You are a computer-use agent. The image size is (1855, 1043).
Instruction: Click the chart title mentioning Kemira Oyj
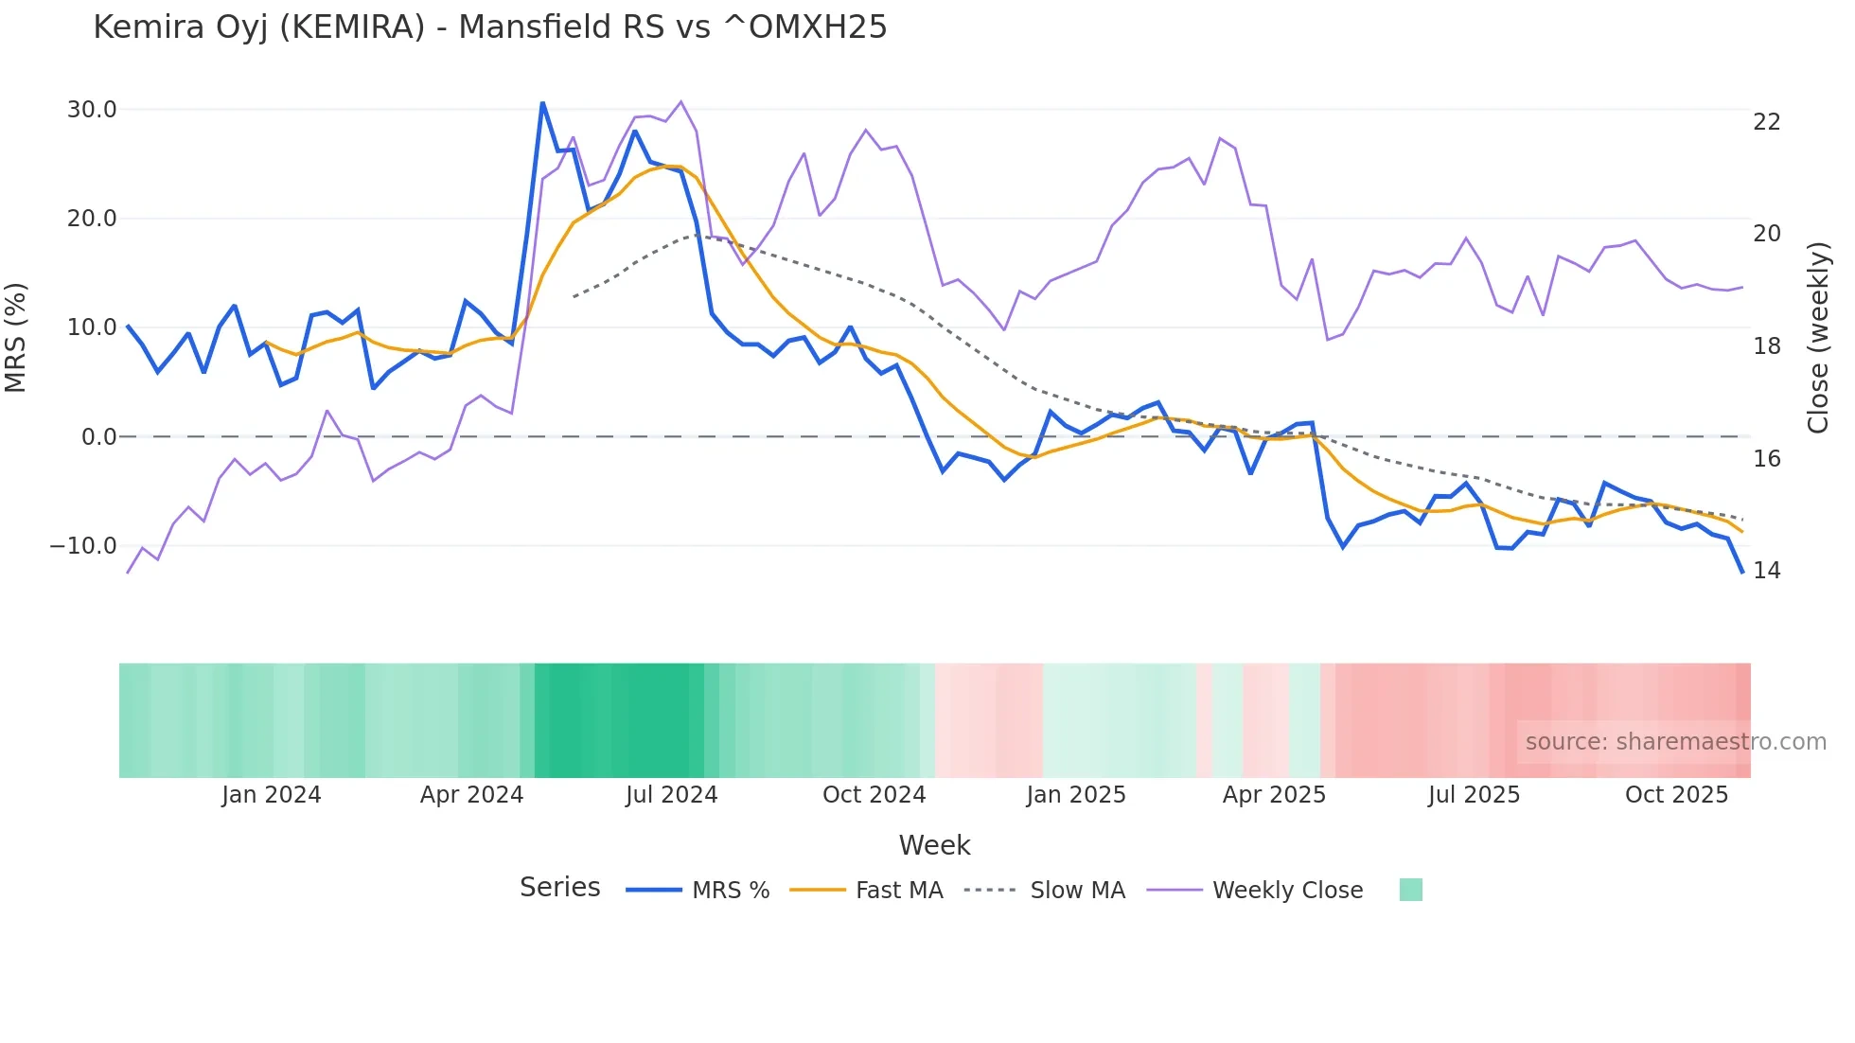[x=489, y=27]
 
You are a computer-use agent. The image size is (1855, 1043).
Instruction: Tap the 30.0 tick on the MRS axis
[x=92, y=110]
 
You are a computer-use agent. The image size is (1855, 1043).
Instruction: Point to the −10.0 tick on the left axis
[x=83, y=546]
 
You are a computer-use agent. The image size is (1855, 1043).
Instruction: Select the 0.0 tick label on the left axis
[x=98, y=437]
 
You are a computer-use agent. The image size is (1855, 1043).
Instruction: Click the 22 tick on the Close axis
[x=1766, y=122]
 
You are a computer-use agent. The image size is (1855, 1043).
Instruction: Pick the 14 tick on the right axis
[x=1766, y=571]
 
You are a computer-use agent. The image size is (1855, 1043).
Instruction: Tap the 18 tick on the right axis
[x=1766, y=346]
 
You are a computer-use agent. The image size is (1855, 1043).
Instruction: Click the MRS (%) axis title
[x=16, y=337]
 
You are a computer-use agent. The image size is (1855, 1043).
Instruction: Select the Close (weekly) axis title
[x=1817, y=337]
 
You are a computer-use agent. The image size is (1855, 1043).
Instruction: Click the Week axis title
[x=934, y=845]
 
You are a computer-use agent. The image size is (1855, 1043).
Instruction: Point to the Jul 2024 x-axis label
[x=671, y=795]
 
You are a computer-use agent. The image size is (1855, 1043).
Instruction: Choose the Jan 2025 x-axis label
[x=1075, y=795]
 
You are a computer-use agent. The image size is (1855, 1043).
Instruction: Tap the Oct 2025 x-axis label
[x=1676, y=795]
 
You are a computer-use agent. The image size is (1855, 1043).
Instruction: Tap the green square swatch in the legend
[x=1410, y=890]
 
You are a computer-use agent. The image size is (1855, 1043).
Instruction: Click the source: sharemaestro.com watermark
[x=1675, y=742]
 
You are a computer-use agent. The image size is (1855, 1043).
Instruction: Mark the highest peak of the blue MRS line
[x=542, y=102]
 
